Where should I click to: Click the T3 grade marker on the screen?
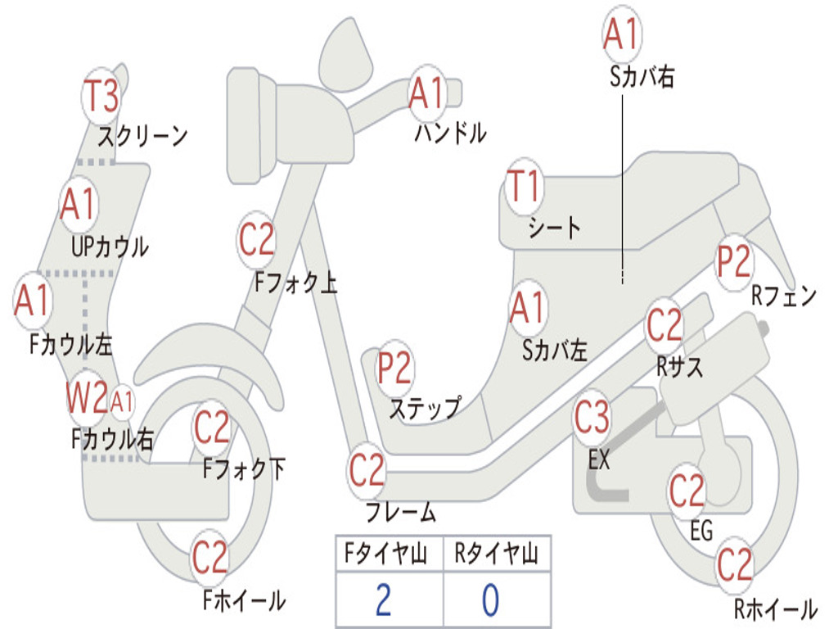coord(101,96)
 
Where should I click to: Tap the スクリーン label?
coord(142,136)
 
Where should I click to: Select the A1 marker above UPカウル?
coord(78,204)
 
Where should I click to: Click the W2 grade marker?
coord(87,397)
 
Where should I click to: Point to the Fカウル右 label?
coord(112,439)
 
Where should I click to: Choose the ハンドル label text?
coord(451,133)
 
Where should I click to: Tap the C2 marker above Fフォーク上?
coord(256,239)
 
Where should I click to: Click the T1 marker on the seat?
coord(524,186)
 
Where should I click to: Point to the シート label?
coord(555,228)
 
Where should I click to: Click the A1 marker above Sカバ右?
coord(622,33)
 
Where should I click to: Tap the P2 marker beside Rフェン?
coord(734,261)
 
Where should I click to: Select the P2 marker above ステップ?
coord(394,368)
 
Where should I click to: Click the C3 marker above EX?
coord(592,417)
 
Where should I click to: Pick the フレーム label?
coord(401,512)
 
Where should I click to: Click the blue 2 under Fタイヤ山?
coord(383,600)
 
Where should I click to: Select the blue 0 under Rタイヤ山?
coord(491,600)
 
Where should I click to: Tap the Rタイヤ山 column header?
coord(496,553)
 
